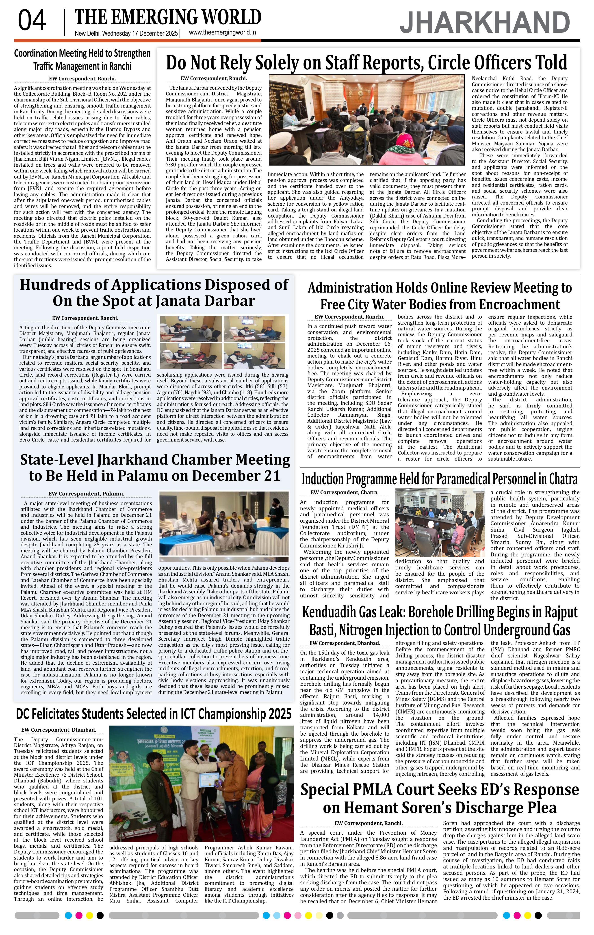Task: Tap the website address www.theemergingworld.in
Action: click(222, 33)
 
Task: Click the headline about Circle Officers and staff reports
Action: click(366, 62)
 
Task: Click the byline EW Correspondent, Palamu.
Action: click(86, 493)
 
